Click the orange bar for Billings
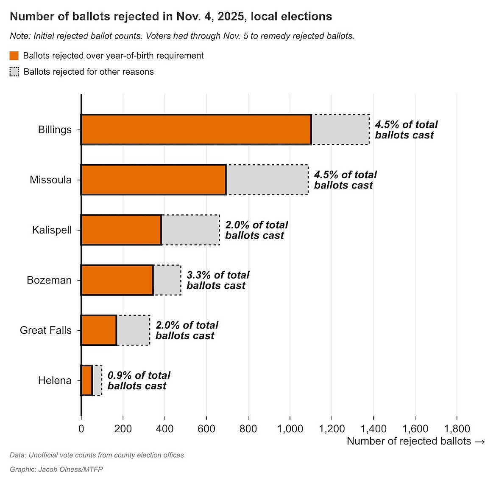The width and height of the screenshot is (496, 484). [x=196, y=129]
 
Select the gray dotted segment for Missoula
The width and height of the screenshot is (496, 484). [x=268, y=180]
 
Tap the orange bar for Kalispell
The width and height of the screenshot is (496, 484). [x=122, y=230]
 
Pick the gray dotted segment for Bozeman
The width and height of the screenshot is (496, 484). [x=167, y=280]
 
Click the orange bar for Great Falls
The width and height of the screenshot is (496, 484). [x=99, y=330]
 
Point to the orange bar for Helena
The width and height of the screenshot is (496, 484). [x=87, y=380]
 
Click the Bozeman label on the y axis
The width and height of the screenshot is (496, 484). [x=49, y=280]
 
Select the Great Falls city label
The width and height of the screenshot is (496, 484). [x=46, y=330]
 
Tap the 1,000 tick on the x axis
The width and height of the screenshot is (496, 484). [x=290, y=428]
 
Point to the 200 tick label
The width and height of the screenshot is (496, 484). [x=123, y=428]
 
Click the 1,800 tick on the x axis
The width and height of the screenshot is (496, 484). [x=457, y=428]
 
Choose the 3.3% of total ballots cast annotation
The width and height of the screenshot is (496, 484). [x=218, y=280]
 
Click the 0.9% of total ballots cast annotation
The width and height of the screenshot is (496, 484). [x=139, y=380]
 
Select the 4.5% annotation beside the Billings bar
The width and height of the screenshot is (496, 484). [x=406, y=129]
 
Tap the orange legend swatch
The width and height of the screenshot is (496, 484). [x=14, y=56]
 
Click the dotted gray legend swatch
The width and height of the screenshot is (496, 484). [x=14, y=72]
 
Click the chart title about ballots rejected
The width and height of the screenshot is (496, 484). [x=171, y=16]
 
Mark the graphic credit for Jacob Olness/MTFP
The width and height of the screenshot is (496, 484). [x=56, y=469]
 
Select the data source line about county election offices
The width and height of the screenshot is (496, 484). [x=97, y=455]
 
